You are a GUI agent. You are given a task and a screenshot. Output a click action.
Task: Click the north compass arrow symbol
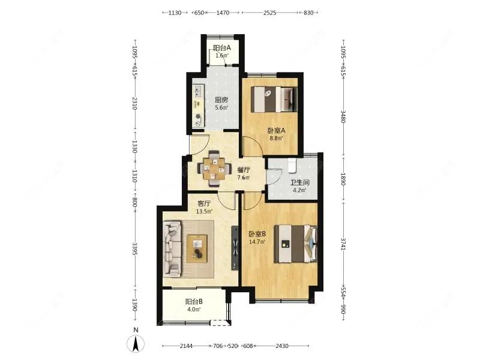pos(137,344)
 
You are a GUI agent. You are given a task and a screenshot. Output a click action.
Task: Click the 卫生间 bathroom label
pos(299,184)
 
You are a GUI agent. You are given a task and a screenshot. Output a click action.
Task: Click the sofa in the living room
pos(173,248)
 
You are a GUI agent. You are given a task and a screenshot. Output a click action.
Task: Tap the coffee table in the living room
pos(197,248)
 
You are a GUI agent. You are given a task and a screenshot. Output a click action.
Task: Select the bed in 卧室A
pos(274,98)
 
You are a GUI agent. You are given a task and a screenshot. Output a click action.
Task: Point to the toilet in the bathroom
pos(292,164)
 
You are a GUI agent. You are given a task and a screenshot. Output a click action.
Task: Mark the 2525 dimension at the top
pos(269,13)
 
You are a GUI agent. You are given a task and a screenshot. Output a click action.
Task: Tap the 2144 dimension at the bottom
pos(186,346)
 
